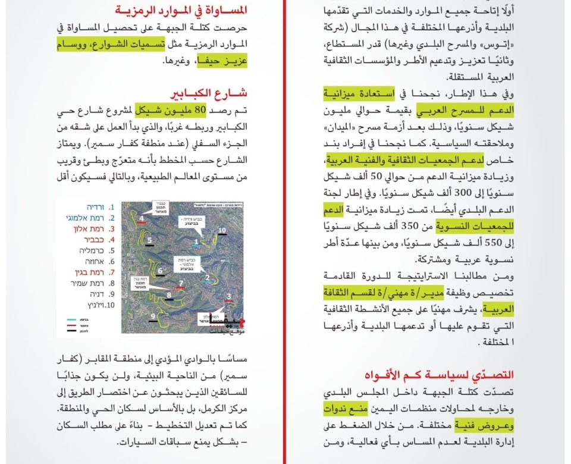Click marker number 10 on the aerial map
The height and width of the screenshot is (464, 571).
pyautogui.click(x=221, y=230)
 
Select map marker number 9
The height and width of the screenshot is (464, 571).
pyautogui.click(x=153, y=316)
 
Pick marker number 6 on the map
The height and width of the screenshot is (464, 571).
pyautogui.click(x=160, y=271)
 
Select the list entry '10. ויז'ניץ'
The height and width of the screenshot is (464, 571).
pyautogui.click(x=88, y=305)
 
